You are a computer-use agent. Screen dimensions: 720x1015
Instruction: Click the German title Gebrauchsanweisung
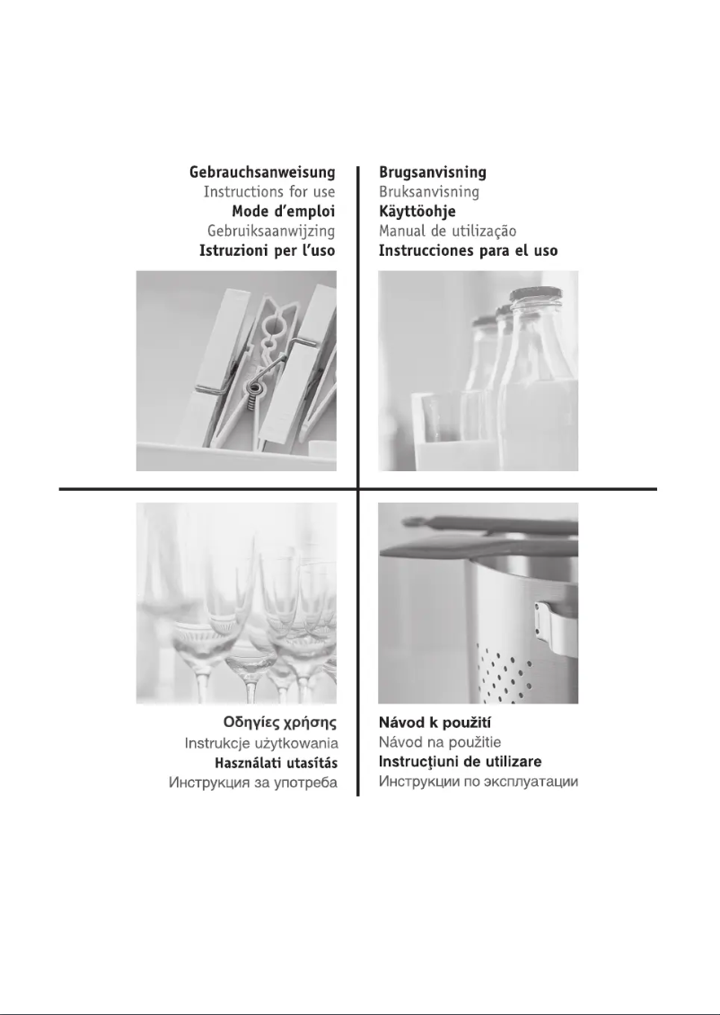coord(262,173)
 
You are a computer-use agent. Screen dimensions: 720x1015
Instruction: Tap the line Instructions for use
coord(269,192)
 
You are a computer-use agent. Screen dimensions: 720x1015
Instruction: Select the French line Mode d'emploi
coord(284,212)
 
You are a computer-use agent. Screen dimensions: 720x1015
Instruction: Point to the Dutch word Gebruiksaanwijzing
coord(271,232)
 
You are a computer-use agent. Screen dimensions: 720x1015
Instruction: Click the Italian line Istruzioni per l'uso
coord(268,250)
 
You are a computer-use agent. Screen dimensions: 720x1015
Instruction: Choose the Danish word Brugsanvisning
coord(433,173)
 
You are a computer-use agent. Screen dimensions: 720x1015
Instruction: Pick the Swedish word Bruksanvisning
coord(428,192)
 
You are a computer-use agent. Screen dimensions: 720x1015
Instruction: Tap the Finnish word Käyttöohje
coord(417,212)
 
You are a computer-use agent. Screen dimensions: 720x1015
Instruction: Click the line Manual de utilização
coord(447,232)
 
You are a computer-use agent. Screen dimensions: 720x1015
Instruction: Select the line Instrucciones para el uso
coord(468,250)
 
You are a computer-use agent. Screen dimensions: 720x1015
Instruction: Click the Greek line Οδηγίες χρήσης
coord(280,722)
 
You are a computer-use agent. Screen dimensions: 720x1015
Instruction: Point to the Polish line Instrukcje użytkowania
coord(261,743)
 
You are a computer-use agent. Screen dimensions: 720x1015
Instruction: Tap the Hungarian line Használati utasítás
coord(276,763)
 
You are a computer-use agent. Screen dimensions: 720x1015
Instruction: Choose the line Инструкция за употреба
coord(253,783)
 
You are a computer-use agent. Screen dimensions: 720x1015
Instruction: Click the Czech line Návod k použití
coord(435,722)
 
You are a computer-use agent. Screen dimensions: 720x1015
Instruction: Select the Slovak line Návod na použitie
coord(440,742)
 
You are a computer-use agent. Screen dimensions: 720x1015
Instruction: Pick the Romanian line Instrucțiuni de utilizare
coord(461,762)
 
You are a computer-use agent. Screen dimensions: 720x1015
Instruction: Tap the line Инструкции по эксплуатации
coord(479,782)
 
